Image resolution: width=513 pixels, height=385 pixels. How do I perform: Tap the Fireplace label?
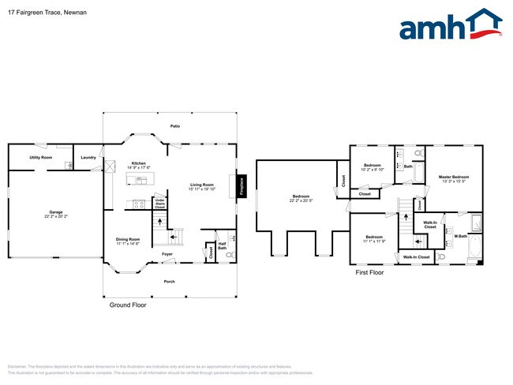click(242, 186)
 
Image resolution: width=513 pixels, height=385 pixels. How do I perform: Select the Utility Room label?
click(40, 158)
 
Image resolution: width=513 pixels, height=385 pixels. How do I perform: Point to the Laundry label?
click(88, 158)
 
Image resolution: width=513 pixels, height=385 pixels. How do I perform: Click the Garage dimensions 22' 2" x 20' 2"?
click(56, 216)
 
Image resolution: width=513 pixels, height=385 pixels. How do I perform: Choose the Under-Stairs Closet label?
click(159, 203)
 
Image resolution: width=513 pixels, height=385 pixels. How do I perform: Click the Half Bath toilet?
click(232, 238)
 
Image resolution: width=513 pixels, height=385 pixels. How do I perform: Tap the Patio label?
click(174, 126)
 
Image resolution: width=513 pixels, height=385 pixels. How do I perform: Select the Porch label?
click(169, 281)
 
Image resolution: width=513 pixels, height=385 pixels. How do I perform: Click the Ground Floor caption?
click(127, 305)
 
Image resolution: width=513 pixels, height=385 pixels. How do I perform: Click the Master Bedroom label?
click(454, 177)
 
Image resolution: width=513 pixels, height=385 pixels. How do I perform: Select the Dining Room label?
click(128, 240)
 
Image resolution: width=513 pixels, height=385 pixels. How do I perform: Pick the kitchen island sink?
click(140, 180)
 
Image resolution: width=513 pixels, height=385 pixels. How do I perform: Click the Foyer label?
click(167, 254)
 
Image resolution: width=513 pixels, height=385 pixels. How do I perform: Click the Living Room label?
click(203, 185)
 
